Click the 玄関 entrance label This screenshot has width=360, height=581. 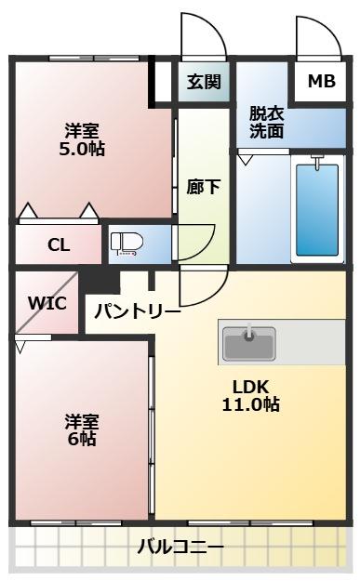(x=203, y=81)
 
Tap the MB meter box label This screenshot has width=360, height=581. (x=321, y=81)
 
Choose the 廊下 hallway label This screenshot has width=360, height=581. (x=203, y=186)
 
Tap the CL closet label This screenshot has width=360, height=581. (x=58, y=245)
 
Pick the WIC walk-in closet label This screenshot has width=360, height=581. (x=46, y=303)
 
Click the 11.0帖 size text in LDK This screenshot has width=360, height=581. (x=251, y=404)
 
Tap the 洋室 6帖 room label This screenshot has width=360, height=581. (x=81, y=429)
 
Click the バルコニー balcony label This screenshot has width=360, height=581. (x=180, y=548)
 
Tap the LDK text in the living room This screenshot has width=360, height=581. (x=251, y=386)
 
